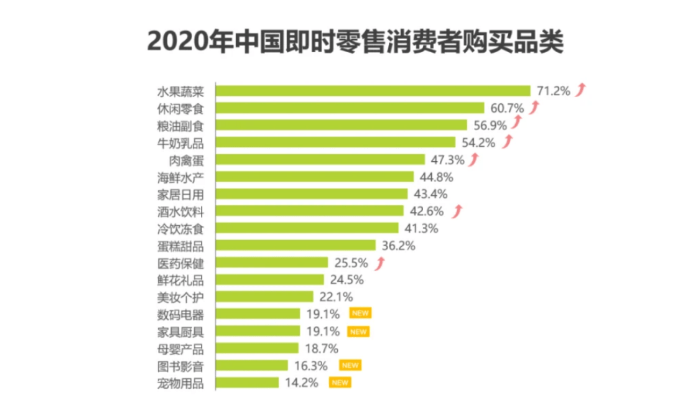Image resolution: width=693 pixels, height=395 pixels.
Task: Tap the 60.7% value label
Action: tap(506, 108)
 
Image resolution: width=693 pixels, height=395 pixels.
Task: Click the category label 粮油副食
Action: tap(180, 125)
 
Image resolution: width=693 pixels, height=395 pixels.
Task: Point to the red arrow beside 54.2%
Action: tap(509, 142)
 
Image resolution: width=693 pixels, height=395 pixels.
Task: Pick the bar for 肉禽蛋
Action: tap(320, 159)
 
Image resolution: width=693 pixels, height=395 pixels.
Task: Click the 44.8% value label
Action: tap(435, 177)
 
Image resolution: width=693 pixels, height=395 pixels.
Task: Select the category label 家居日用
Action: tap(180, 193)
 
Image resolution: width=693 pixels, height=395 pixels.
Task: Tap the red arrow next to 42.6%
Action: tap(458, 210)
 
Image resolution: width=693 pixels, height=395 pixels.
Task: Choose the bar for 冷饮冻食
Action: tap(307, 228)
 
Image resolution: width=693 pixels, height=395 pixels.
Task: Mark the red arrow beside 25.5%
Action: tap(380, 262)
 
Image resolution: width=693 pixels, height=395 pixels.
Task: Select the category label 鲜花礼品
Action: tap(180, 279)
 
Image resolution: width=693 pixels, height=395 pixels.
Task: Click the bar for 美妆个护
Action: tap(264, 296)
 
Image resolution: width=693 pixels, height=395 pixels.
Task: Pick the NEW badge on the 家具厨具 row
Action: tap(358, 331)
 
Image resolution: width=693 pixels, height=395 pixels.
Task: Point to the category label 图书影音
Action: tap(180, 365)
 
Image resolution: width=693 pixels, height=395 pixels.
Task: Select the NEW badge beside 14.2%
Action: tap(340, 382)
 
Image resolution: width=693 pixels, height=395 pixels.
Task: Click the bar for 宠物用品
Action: tap(247, 382)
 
